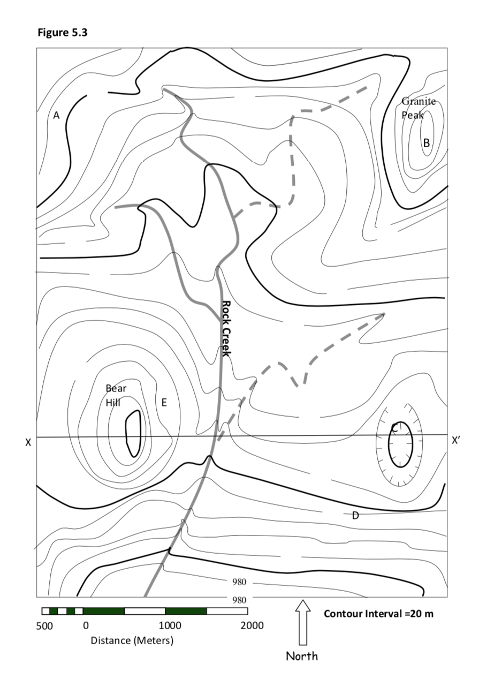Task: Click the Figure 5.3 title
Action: coord(62,33)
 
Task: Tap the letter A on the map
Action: coord(56,115)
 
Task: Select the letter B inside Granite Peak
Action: coord(427,142)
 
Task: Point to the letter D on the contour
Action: coord(355,516)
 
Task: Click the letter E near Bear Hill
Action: coord(164,403)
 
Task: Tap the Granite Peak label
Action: coord(418,108)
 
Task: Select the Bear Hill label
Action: coord(116,395)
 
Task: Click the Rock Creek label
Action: coord(226,328)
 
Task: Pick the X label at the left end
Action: coord(28,443)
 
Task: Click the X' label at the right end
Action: coord(455,440)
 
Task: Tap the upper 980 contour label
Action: coord(239,582)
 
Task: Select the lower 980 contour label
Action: coord(239,600)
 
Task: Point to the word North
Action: coord(301,656)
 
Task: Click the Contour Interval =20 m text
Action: coord(378,614)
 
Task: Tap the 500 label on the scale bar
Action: coord(44,626)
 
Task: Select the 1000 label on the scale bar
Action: coord(170,626)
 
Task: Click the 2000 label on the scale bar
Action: coord(252,626)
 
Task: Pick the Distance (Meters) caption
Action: coord(132,640)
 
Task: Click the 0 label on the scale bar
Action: coord(86,626)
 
